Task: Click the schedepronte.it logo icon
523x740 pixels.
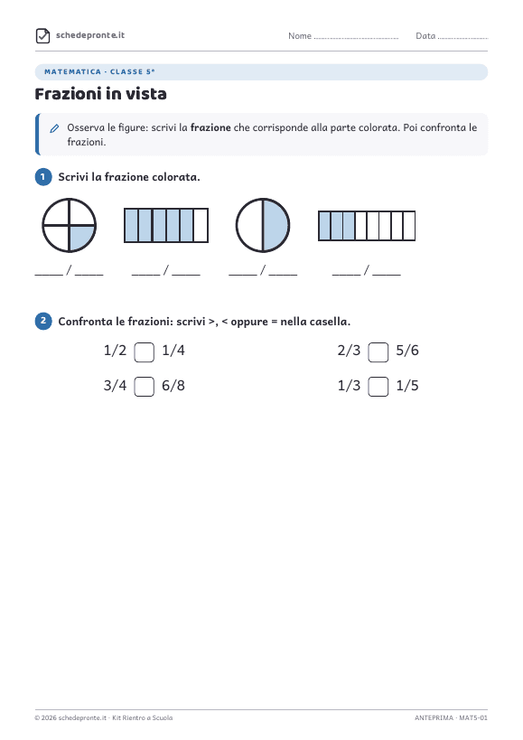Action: (x=43, y=35)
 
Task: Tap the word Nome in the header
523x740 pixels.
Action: (x=300, y=36)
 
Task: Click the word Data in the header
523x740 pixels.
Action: (x=425, y=36)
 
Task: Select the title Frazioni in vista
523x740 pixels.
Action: (x=101, y=94)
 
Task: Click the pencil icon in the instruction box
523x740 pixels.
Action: (x=55, y=128)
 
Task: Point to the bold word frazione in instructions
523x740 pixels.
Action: (x=210, y=127)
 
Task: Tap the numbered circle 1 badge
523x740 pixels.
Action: (x=43, y=177)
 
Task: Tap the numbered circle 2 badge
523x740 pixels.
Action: (x=43, y=322)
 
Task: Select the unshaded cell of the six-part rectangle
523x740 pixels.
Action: (x=201, y=226)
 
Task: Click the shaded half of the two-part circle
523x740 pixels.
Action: (x=275, y=225)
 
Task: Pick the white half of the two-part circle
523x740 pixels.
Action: (x=250, y=225)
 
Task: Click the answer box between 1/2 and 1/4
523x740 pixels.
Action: (x=145, y=352)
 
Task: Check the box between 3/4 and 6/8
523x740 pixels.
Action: (x=145, y=387)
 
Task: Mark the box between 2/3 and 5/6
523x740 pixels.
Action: (x=378, y=352)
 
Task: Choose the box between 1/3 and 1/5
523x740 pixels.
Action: (x=378, y=387)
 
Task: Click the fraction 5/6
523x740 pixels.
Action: (x=407, y=351)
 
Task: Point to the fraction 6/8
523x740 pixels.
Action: (x=173, y=386)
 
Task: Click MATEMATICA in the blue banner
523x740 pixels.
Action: (x=72, y=71)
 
